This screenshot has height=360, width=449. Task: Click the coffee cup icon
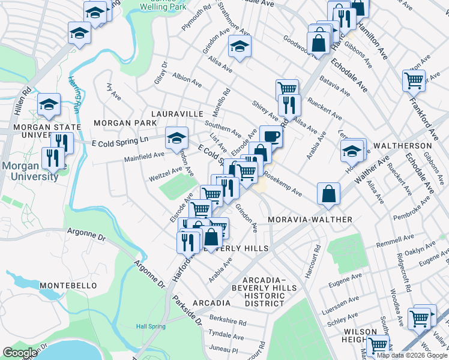click(x=271, y=135)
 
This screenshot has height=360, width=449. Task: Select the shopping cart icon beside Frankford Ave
click(x=414, y=79)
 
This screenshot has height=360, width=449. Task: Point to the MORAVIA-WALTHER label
click(x=310, y=220)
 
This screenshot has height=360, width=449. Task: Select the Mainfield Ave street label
click(x=144, y=157)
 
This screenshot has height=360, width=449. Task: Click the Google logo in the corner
click(x=20, y=353)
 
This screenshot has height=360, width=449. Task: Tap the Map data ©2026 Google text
click(x=411, y=355)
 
